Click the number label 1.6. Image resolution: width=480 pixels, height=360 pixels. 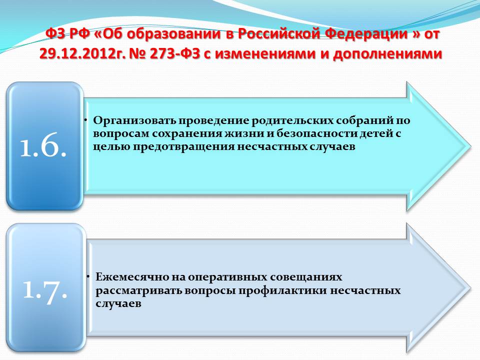pos(43,145)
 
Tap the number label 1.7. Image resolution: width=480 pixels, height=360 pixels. pos(45,289)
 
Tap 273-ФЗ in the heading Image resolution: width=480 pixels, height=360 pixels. pos(174,53)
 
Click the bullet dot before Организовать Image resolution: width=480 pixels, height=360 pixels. pos(86,120)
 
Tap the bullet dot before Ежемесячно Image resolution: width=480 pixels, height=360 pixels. pos(88,276)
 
